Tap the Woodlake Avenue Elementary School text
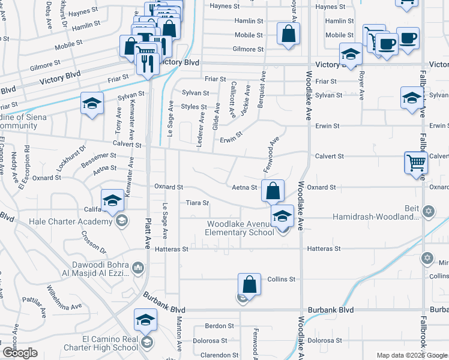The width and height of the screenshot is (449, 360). [x=239, y=228]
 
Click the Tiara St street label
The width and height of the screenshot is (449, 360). [x=197, y=203]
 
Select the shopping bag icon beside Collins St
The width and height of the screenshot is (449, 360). [x=249, y=284]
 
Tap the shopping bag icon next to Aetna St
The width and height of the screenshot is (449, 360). [x=273, y=191]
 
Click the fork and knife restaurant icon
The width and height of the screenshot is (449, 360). [x=147, y=62]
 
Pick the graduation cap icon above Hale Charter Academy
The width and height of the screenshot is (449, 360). [x=112, y=201]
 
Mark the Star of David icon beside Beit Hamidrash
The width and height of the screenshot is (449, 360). [x=428, y=211]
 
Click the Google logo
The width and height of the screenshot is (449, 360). [x=19, y=353]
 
